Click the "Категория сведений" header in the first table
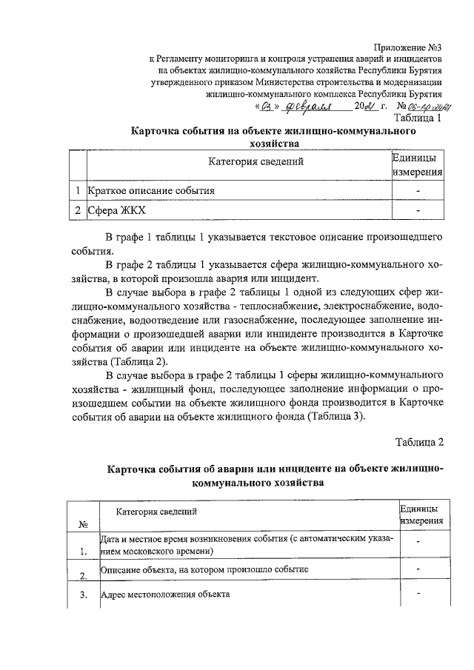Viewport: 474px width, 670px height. pos(255,161)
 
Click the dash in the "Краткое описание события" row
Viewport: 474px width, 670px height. pos(418,191)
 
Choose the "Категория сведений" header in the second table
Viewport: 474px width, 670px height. pos(156,512)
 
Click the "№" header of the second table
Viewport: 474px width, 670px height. pos(84,524)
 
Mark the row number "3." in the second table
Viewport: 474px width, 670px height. pos(84,594)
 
